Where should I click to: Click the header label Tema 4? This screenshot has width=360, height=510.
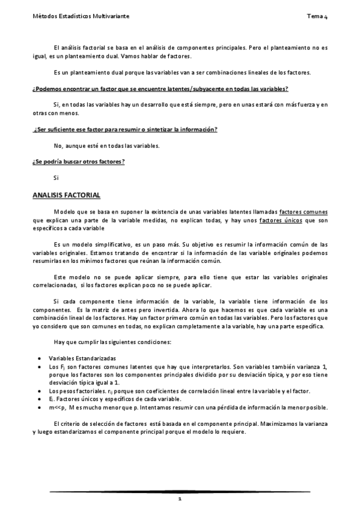click(x=317, y=17)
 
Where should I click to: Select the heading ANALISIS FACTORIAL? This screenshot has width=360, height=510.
click(x=66, y=196)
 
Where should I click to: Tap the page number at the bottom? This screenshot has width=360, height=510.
click(x=180, y=500)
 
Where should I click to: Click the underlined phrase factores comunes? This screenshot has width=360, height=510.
click(x=304, y=213)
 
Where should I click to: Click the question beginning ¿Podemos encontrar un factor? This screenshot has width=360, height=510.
click(x=160, y=89)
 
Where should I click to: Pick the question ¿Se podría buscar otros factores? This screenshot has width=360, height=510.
click(x=78, y=162)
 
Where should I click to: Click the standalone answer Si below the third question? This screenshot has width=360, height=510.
click(x=56, y=178)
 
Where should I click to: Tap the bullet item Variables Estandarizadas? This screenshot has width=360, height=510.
click(x=82, y=358)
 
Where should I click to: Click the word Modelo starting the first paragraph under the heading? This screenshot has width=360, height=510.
click(x=63, y=213)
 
